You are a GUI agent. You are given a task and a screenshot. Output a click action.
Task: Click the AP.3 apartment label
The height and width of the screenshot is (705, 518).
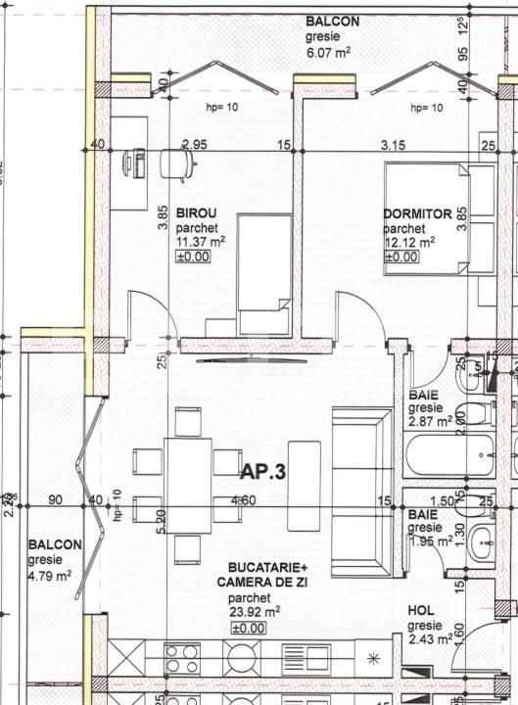pyautogui.click(x=262, y=472)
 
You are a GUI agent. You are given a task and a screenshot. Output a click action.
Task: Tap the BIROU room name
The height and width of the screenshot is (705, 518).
pyautogui.click(x=196, y=213)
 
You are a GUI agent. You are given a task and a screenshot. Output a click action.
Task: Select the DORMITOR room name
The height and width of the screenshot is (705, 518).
pyautogui.click(x=417, y=213)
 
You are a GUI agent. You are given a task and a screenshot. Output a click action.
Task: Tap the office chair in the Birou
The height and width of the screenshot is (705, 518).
pyautogui.click(x=176, y=163)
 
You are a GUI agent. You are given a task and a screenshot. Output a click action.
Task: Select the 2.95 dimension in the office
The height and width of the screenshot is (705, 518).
pyautogui.click(x=194, y=145)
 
